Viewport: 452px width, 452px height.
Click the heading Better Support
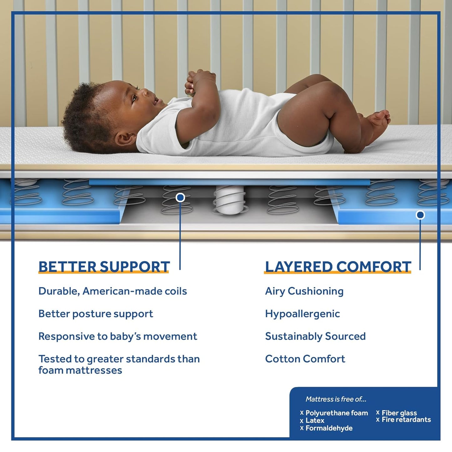point(104,267)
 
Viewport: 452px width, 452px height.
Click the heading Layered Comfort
point(338,267)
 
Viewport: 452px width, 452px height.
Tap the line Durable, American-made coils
point(113,291)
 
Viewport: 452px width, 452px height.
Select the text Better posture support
point(96,314)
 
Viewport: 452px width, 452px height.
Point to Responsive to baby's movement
point(118,336)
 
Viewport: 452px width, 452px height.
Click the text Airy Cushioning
point(304,291)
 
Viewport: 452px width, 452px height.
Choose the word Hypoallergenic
point(302,314)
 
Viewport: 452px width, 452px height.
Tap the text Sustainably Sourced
point(315,336)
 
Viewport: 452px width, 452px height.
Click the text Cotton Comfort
point(305,359)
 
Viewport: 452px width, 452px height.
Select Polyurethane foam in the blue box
point(337,413)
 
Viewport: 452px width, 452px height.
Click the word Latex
point(315,420)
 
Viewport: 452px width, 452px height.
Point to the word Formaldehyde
point(329,428)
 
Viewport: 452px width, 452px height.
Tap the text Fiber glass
point(399,413)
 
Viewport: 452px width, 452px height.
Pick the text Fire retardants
point(406,420)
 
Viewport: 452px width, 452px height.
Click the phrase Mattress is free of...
point(336,399)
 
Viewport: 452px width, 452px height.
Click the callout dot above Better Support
point(180,197)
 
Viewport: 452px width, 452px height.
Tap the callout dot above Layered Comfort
point(420,215)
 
